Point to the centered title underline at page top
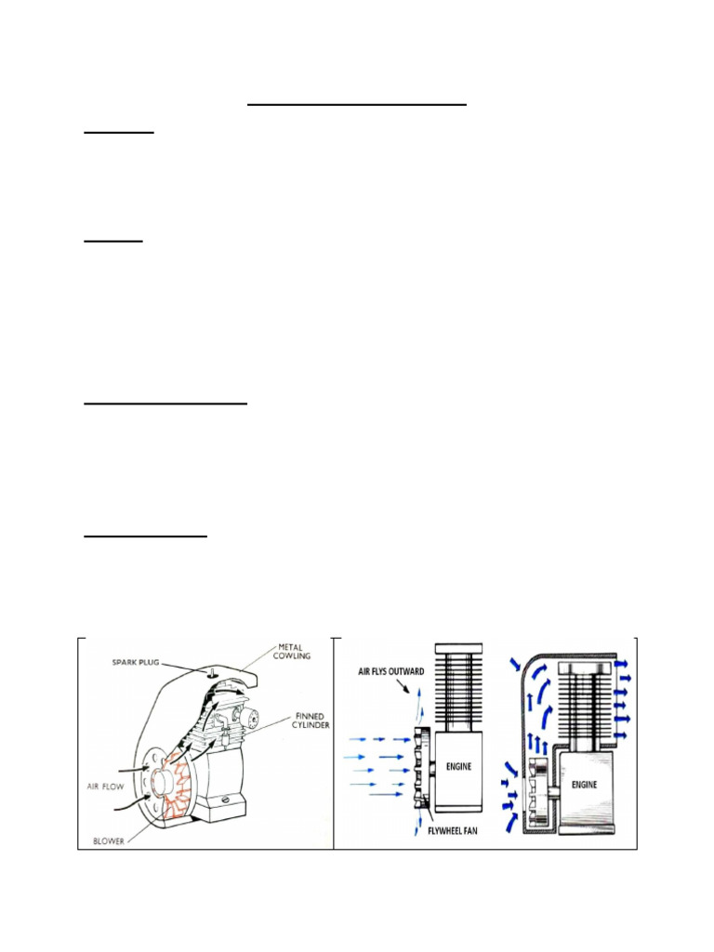(x=356, y=105)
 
